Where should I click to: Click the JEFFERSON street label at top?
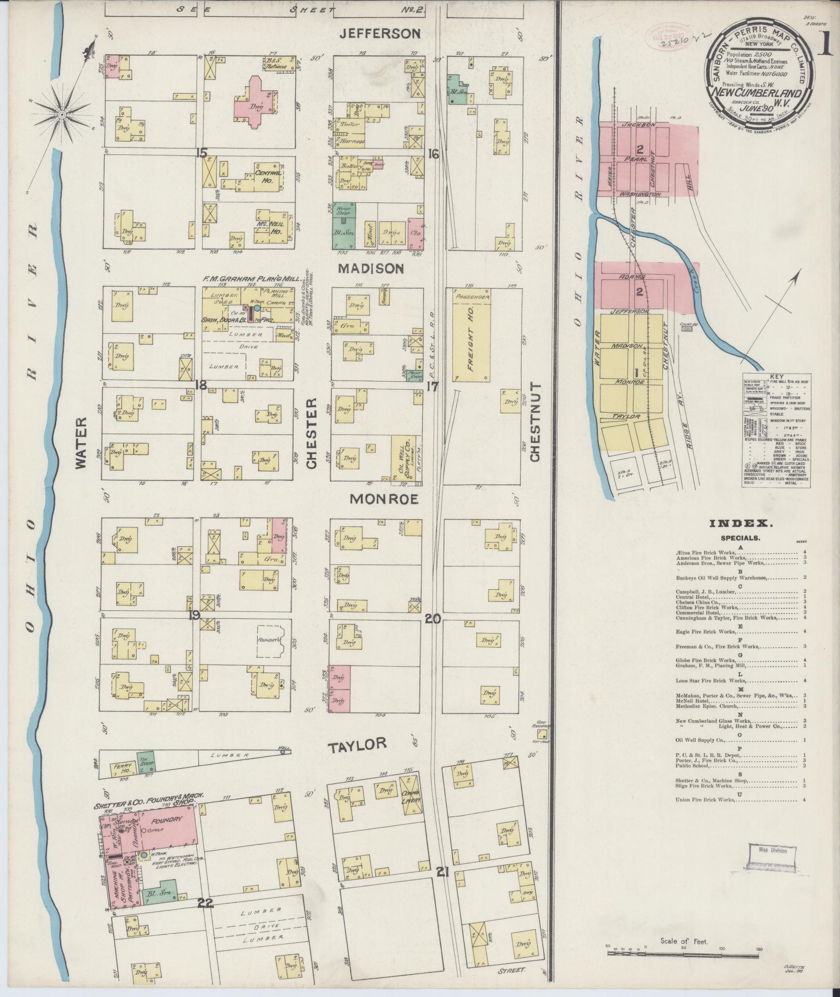coord(380,34)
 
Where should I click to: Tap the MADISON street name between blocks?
coord(370,268)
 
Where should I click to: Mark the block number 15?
coord(202,153)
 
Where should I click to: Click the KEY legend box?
coord(775,430)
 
